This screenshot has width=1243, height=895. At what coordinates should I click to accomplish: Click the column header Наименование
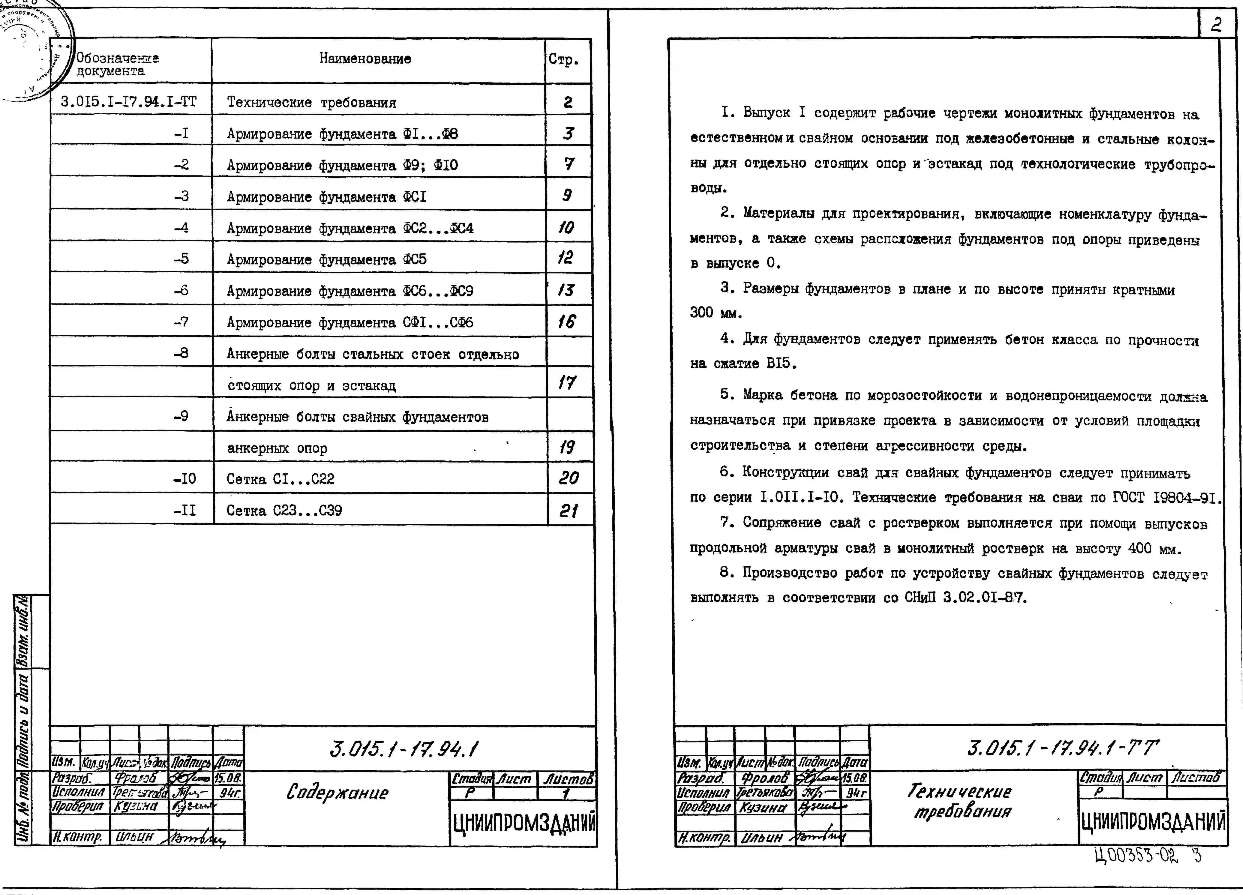tap(365, 59)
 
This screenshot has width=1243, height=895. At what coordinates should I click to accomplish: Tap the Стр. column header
tap(563, 59)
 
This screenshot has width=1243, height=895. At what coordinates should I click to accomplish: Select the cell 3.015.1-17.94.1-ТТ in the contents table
tap(128, 101)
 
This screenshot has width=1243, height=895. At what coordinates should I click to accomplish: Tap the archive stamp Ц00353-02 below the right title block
tap(1136, 856)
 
